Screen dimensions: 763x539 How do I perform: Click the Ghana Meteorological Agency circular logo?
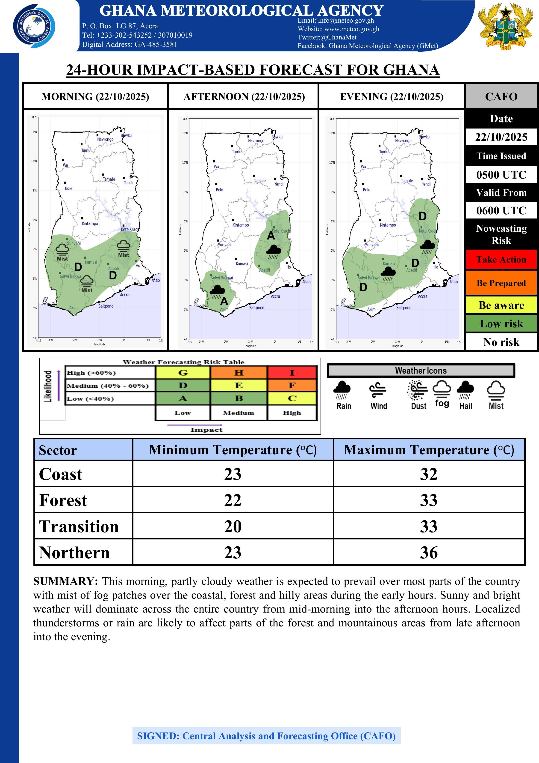(x=34, y=26)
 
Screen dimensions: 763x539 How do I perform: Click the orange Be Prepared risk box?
(x=501, y=283)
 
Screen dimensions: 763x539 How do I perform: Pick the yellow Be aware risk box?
(x=501, y=305)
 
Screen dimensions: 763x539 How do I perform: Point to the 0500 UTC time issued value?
(x=501, y=175)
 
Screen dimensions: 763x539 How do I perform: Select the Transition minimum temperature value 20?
(x=233, y=526)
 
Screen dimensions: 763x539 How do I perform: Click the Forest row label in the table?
(x=63, y=500)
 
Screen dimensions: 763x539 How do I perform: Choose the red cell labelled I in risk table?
(x=292, y=373)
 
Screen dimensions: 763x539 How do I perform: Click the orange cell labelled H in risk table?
(x=239, y=373)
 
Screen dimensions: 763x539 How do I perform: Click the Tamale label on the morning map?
(x=109, y=179)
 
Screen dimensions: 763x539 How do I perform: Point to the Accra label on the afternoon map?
(x=275, y=296)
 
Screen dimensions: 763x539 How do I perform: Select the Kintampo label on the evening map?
(x=388, y=225)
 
